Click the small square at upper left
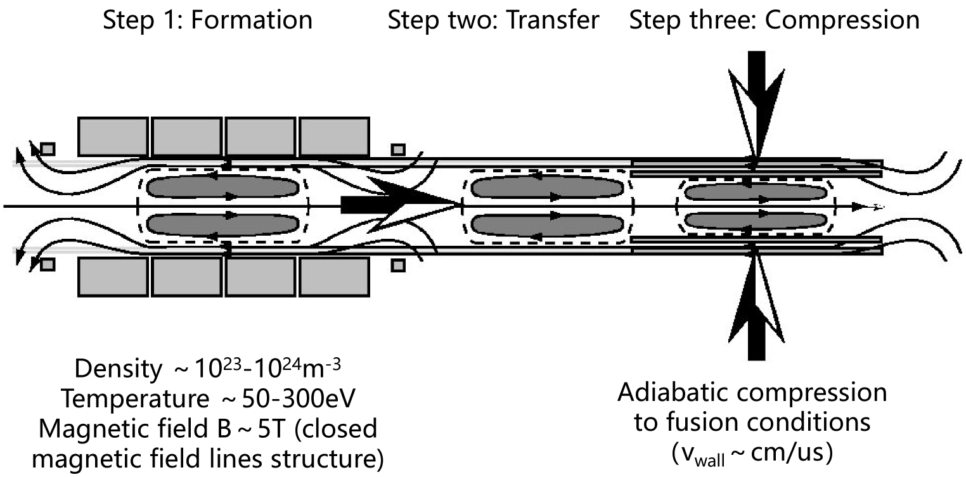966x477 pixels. [x=48, y=149]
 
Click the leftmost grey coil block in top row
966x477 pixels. [x=113, y=136]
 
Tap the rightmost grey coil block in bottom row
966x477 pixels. [x=334, y=277]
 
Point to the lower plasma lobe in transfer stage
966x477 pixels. [x=546, y=226]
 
